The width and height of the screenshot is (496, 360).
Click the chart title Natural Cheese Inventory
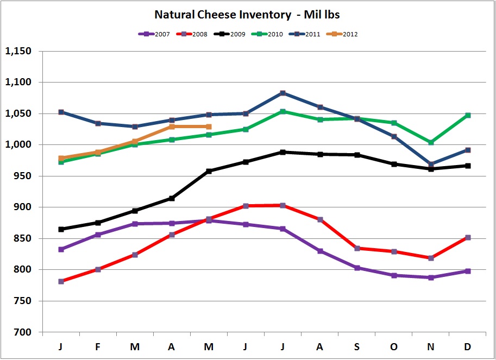248,14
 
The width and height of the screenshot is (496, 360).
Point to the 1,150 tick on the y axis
18,52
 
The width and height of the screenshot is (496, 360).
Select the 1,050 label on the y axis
18,114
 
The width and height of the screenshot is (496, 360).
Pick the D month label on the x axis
468,346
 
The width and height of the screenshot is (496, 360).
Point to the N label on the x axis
431,346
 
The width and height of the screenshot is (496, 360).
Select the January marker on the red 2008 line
61,281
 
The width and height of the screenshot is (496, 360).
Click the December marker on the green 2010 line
468,115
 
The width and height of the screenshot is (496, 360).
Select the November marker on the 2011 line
431,164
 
